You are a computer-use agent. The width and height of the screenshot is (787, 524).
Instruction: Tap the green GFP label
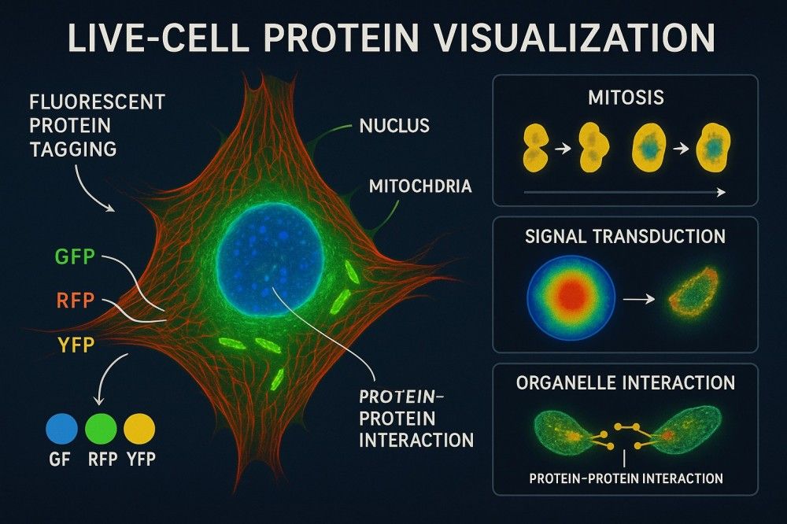[x=75, y=256]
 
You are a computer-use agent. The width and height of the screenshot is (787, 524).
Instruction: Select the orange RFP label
[x=76, y=300]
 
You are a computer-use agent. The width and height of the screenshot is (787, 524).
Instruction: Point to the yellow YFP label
[x=76, y=345]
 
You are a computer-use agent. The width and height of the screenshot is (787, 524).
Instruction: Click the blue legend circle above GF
[x=61, y=429]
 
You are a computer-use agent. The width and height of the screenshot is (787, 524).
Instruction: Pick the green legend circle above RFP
[x=101, y=429]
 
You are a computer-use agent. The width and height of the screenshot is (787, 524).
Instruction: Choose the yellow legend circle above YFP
[x=139, y=429]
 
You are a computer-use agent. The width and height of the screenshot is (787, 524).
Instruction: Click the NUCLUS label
[x=394, y=125]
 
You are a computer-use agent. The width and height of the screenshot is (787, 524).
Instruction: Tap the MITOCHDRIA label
[x=420, y=186]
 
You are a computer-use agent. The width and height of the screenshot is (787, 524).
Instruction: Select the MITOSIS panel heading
[x=626, y=98]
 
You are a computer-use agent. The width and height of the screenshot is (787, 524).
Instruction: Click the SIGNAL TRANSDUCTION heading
[x=626, y=236]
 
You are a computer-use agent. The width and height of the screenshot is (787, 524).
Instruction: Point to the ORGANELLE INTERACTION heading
[x=626, y=383]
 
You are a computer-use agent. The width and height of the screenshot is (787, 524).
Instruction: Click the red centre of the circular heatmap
[x=571, y=296]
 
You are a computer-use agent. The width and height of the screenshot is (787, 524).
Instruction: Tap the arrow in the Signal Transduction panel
[x=638, y=299]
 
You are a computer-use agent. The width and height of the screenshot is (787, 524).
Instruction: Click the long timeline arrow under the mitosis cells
[x=625, y=192]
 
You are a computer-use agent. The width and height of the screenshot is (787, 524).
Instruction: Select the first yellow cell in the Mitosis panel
[x=535, y=149]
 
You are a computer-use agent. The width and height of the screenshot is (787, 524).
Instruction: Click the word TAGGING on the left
[x=73, y=149]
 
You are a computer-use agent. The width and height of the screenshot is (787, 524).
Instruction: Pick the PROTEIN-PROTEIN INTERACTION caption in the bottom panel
[x=626, y=478]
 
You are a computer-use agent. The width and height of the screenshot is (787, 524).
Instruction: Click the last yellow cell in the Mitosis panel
[x=713, y=148]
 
